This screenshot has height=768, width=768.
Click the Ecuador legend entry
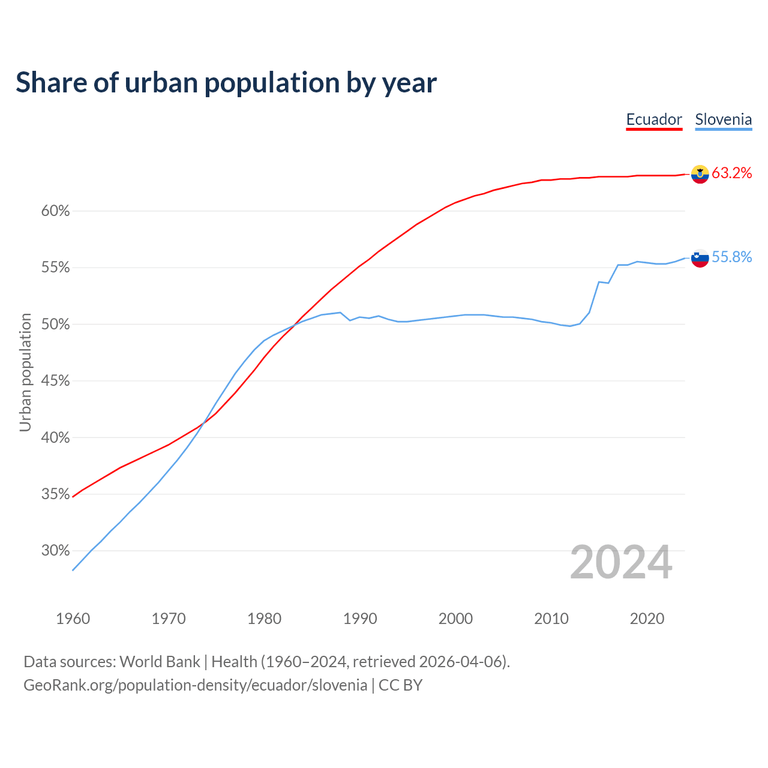[654, 119]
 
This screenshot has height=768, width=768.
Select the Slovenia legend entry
[723, 119]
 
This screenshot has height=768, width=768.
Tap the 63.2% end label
[731, 173]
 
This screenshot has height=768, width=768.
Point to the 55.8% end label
[731, 257]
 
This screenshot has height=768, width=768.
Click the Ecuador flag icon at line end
[700, 174]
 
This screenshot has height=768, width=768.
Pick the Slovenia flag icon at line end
[700, 258]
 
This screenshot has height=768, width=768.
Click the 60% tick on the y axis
[55, 211]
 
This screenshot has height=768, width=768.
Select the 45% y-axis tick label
[55, 381]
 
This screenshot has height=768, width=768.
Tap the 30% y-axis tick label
[55, 551]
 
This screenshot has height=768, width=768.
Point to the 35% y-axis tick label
[55, 494]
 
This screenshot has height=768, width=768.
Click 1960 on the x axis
[73, 619]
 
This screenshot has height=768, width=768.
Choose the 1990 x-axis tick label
[360, 619]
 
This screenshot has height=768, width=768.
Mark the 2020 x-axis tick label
[647, 619]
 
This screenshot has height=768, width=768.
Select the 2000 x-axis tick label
[455, 619]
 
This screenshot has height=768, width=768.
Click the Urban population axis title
[25, 372]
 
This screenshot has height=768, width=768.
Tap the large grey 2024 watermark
[621, 562]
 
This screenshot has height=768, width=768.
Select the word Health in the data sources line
[234, 662]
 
